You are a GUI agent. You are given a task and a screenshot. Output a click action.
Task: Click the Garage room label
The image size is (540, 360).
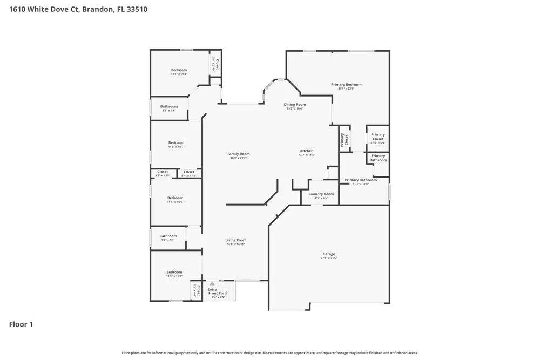(329, 254)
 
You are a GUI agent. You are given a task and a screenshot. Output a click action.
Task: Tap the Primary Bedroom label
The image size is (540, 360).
(346, 85)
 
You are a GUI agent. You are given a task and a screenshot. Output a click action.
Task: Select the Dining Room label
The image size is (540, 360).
(295, 105)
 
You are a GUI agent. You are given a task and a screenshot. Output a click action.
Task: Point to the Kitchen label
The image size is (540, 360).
(307, 151)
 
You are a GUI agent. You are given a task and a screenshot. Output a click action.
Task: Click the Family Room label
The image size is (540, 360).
(238, 154)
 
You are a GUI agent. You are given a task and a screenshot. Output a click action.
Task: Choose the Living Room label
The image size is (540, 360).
(236, 240)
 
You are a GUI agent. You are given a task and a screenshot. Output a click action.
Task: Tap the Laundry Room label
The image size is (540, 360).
(321, 194)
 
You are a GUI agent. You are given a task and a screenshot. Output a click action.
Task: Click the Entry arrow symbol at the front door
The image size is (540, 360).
(212, 283)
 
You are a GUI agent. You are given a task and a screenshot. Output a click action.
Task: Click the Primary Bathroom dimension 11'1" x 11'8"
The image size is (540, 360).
(360, 184)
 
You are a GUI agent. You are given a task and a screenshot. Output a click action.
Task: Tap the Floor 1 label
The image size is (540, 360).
(21, 324)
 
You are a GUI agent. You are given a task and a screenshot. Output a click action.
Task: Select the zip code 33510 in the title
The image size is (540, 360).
(137, 9)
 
